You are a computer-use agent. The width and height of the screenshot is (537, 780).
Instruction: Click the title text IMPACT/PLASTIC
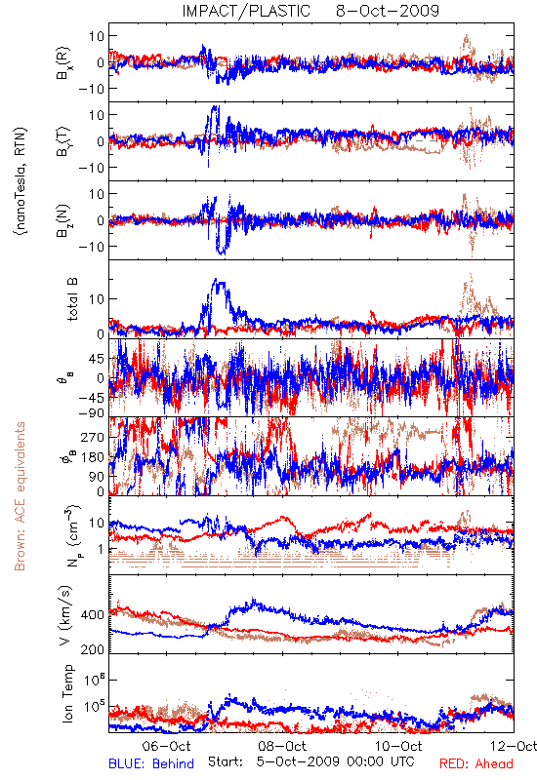coord(246,11)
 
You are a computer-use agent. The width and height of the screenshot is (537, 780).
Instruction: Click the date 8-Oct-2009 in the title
coord(388,11)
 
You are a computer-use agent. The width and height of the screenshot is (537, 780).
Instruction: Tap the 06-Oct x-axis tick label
coord(166,746)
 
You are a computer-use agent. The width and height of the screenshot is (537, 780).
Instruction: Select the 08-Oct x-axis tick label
coord(282,746)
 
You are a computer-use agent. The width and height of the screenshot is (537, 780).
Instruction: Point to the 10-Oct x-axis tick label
coord(398,746)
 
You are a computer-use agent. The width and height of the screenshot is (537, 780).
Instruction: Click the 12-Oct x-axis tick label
coord(514,746)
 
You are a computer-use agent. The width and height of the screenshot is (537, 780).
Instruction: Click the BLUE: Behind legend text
coord(151,763)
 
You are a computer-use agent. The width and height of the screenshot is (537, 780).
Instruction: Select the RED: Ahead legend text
coord(475,763)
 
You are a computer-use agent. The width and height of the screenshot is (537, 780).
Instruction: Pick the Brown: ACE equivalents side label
coord(20,496)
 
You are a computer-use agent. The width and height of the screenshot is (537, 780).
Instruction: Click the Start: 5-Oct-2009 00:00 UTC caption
coord(310,761)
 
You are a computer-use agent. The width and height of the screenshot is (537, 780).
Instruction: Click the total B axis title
coord(72,299)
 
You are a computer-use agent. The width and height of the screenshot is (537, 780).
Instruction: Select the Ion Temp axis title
coord(67,693)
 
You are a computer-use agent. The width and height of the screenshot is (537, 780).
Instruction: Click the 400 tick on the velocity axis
coord(93,615)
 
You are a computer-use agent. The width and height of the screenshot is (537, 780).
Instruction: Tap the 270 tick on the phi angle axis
coord(93,437)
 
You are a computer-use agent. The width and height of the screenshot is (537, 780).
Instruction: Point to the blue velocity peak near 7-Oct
coord(253,600)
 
